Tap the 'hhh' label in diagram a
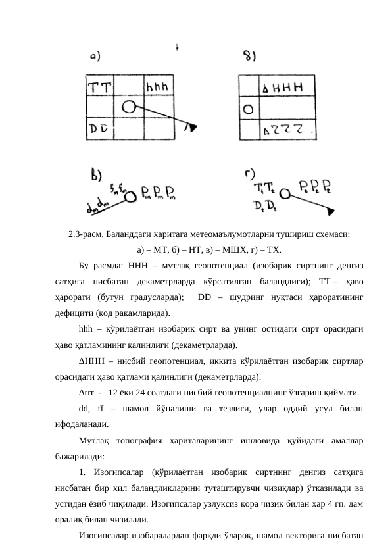(159, 86)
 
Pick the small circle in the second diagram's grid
(247, 109)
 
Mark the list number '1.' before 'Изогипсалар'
(82, 471)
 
